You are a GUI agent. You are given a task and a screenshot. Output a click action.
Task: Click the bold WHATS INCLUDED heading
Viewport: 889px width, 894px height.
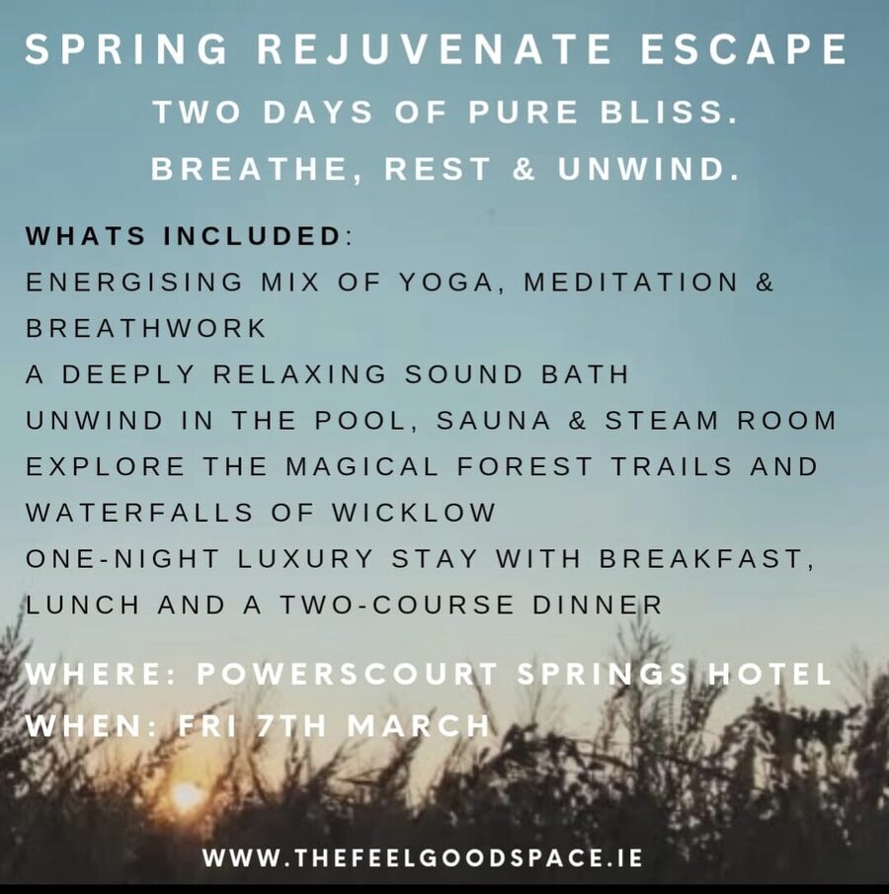tap(184, 238)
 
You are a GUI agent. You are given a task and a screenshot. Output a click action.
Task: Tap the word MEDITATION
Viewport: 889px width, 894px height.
tap(630, 283)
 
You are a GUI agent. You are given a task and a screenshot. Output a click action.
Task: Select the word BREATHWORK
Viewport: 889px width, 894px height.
tap(146, 329)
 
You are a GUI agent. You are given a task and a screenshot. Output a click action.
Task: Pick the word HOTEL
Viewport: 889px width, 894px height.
tap(769, 675)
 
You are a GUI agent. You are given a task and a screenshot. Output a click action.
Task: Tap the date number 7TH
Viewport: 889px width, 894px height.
tap(291, 726)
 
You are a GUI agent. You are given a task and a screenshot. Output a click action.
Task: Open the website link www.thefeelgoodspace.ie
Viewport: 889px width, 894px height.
tap(422, 857)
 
